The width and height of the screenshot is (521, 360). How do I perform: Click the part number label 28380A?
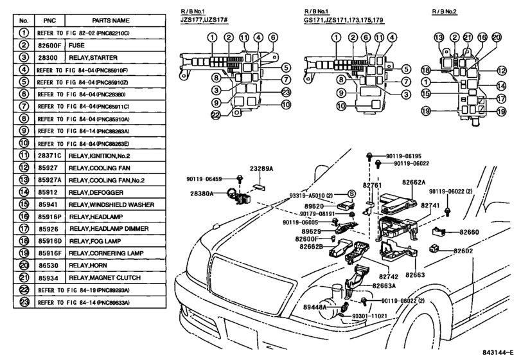(201, 193)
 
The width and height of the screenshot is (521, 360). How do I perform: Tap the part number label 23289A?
(261, 168)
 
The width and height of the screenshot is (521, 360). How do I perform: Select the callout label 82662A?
(414, 182)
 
